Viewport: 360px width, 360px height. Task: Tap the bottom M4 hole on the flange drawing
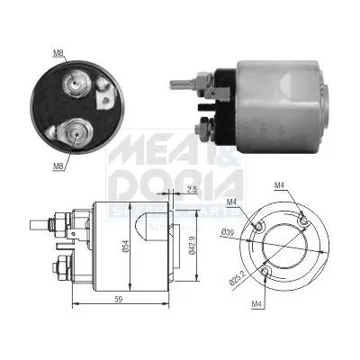pos(266,271)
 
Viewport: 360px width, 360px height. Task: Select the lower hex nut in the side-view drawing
pos(62,267)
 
